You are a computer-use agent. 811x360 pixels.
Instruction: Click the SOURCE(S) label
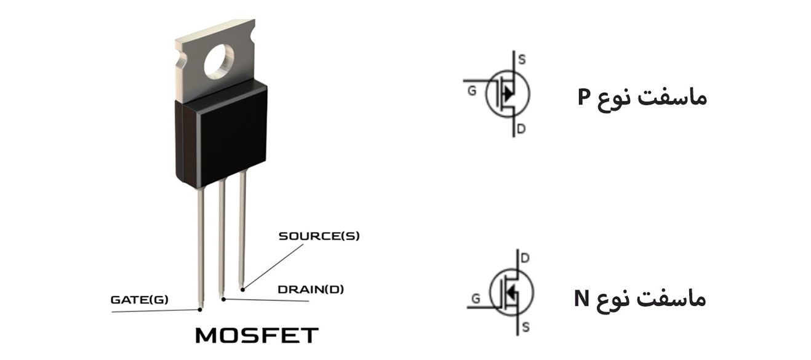[x=319, y=236]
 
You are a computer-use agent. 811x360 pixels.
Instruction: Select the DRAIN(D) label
[x=311, y=289]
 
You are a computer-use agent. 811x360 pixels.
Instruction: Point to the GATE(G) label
[x=139, y=300]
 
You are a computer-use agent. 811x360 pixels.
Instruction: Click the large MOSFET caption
[x=257, y=336]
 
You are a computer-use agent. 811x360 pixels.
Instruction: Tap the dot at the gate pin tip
[x=201, y=306]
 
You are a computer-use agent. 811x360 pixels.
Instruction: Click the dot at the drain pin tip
[x=223, y=299]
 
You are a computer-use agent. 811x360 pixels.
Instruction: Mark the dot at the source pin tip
[x=242, y=289]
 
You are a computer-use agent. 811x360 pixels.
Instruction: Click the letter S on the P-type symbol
[x=522, y=60]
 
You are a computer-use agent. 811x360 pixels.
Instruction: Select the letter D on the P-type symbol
[x=521, y=130]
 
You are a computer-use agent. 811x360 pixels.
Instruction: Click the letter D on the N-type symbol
[x=525, y=258]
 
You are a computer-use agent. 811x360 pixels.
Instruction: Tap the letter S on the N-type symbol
[x=525, y=327]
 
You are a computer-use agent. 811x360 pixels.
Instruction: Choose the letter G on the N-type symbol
[x=476, y=300]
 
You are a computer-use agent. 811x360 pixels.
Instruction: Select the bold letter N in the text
[x=582, y=298]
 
